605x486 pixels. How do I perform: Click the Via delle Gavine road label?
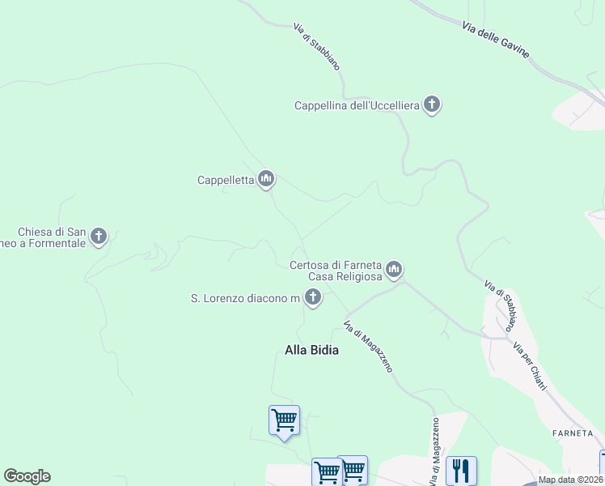[497, 39]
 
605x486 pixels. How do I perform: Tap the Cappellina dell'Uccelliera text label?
[357, 105]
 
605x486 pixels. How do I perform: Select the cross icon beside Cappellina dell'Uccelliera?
[432, 104]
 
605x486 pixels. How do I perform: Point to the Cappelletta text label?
[226, 181]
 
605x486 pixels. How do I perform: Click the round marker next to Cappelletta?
[266, 179]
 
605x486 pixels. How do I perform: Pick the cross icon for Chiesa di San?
[99, 237]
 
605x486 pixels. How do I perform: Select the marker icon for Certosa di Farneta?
[394, 269]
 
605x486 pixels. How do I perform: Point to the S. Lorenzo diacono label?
[245, 299]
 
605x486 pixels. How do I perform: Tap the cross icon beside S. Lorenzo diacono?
[313, 298]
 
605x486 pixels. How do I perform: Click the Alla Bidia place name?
[311, 350]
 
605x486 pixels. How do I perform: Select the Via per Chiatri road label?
[531, 366]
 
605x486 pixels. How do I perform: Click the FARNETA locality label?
[573, 433]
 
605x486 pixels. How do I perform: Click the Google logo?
[27, 476]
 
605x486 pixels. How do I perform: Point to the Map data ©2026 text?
[570, 480]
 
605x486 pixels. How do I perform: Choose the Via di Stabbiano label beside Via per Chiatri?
[500, 306]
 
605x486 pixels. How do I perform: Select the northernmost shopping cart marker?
[284, 420]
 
